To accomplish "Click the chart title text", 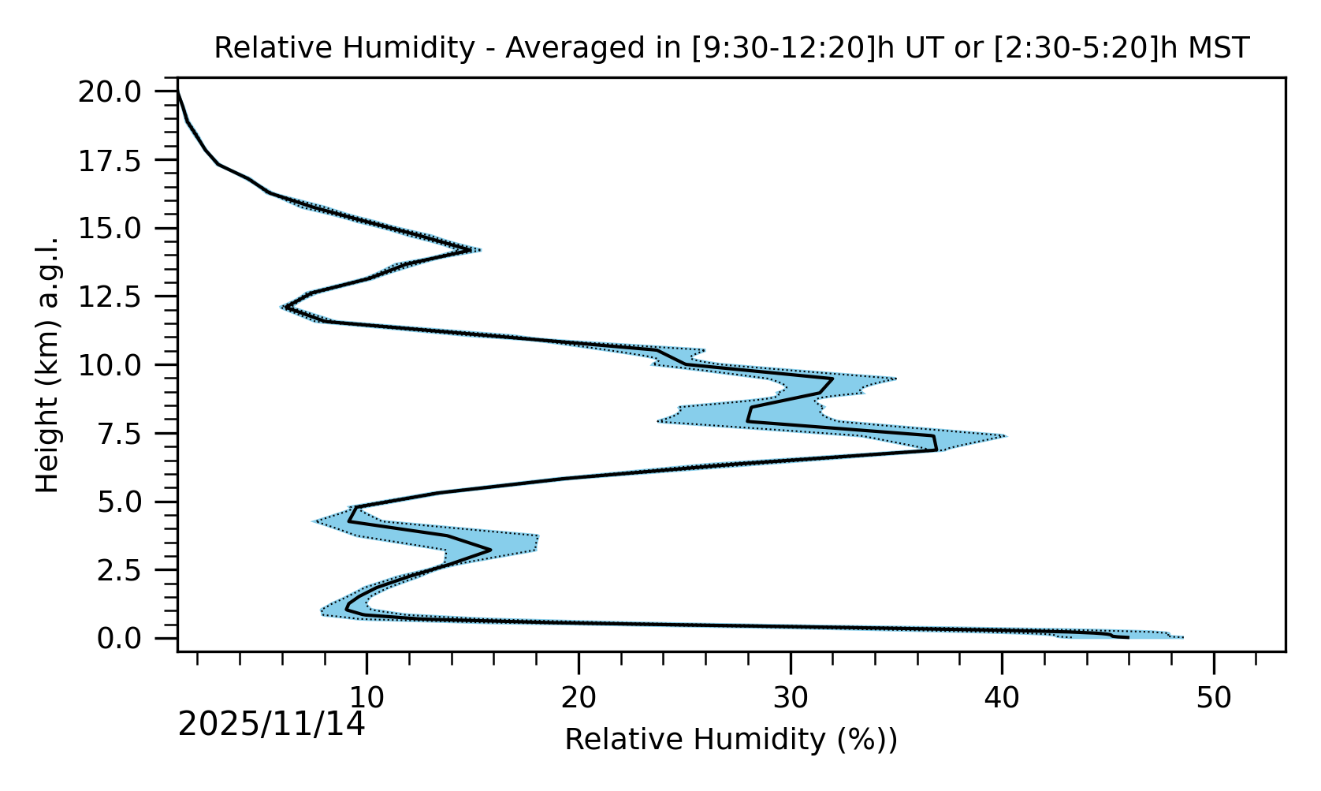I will tap(731, 48).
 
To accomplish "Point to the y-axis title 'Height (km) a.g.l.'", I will tap(48, 364).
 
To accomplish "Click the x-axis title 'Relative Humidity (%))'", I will tap(731, 740).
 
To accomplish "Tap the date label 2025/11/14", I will tap(272, 724).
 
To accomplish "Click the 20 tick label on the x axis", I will tap(579, 698).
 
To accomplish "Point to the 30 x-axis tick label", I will tap(791, 698).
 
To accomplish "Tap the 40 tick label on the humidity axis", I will tap(1002, 698).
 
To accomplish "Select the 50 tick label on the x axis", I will tap(1214, 698).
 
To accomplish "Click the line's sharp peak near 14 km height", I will tap(471, 251).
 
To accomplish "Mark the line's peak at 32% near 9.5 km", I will tap(832, 379).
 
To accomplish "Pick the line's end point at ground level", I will tap(1128, 637).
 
